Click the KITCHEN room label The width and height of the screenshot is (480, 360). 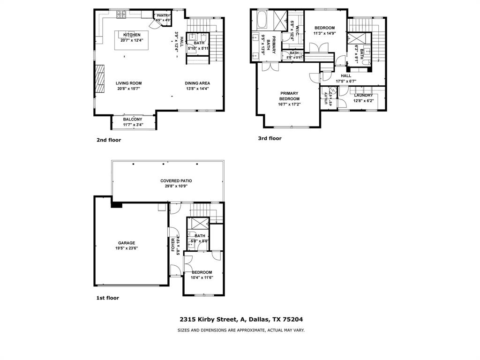click(x=132, y=35)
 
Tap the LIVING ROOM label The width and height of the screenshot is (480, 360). click(x=129, y=83)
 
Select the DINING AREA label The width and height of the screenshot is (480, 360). click(x=197, y=83)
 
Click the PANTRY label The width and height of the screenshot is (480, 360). click(x=163, y=16)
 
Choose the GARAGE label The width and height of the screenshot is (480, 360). click(x=127, y=243)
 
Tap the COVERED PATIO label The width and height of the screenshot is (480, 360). click(x=176, y=180)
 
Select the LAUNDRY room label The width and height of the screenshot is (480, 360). click(x=363, y=96)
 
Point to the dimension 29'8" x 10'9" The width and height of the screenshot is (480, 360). click(x=176, y=186)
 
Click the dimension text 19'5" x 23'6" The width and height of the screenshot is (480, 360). click(x=127, y=248)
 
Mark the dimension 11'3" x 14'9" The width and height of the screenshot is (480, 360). click(x=324, y=33)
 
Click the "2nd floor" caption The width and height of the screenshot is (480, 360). click(x=109, y=140)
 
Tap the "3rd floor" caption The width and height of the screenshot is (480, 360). click(x=270, y=138)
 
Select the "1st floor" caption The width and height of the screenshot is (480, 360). click(x=108, y=298)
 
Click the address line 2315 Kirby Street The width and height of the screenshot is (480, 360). click(x=241, y=319)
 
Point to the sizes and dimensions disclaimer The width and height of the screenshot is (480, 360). click(x=241, y=330)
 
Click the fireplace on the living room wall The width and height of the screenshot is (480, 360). click(x=99, y=80)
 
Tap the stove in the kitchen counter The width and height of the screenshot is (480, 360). click(x=121, y=15)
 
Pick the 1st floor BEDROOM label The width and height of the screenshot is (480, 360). click(x=202, y=272)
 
